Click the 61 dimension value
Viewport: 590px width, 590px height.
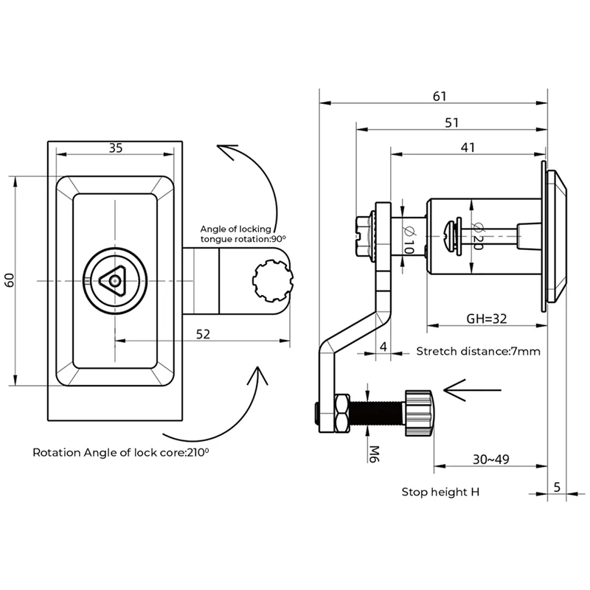[440, 96]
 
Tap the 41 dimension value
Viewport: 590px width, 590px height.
[467, 147]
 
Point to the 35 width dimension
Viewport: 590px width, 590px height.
[116, 147]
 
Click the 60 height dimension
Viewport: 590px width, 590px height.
[10, 280]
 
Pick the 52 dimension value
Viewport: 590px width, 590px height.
[204, 334]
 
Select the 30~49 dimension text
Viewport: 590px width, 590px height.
[490, 459]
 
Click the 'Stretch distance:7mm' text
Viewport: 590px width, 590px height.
[479, 351]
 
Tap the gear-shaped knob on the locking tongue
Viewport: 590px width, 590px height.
[272, 281]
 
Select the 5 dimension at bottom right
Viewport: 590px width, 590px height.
[557, 486]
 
